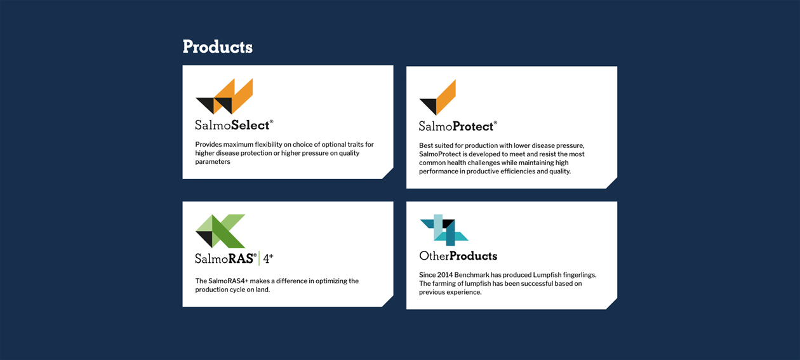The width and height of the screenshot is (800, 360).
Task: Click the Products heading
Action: (x=218, y=47)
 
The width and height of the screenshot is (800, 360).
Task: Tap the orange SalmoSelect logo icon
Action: (x=224, y=97)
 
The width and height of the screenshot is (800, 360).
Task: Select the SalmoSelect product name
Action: (x=234, y=125)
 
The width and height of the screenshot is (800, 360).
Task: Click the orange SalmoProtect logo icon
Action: (x=438, y=98)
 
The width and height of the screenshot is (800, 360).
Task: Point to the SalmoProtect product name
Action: (x=458, y=126)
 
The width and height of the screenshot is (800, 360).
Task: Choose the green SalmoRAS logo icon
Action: (x=220, y=231)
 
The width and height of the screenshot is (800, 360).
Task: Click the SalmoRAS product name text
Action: (x=226, y=258)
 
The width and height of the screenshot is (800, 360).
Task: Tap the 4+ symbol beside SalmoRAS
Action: (x=268, y=258)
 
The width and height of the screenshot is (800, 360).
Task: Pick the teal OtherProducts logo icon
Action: (x=444, y=230)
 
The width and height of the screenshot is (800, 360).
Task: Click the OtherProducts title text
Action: (x=458, y=256)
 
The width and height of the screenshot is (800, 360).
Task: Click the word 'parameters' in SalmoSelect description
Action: (x=213, y=162)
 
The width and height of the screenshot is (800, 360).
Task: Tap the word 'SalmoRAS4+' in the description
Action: (x=228, y=281)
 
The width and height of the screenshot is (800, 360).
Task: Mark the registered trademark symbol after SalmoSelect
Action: (x=272, y=121)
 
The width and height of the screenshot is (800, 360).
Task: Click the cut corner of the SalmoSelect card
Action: (x=388, y=173)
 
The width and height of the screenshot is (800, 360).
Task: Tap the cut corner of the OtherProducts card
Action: (x=612, y=304)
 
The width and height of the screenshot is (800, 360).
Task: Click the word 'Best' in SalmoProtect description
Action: (x=425, y=146)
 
